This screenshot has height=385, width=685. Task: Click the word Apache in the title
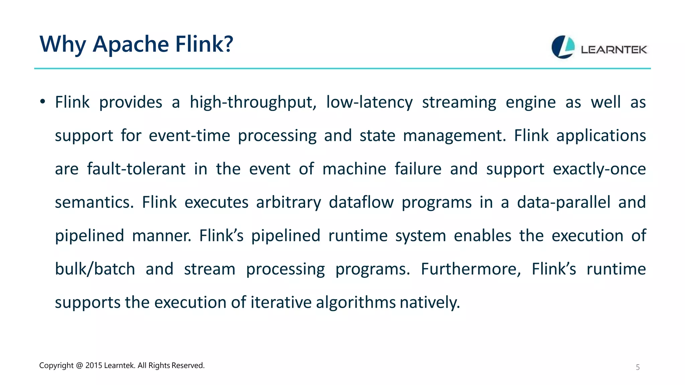pyautogui.click(x=131, y=44)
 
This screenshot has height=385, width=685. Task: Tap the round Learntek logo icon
pyautogui.click(x=563, y=47)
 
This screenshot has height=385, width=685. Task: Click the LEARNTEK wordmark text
pyautogui.click(x=614, y=50)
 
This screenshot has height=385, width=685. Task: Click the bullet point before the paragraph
pyautogui.click(x=42, y=102)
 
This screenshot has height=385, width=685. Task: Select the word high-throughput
pyautogui.click(x=253, y=102)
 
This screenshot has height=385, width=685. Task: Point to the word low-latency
pyautogui.click(x=369, y=102)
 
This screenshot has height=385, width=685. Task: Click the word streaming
pyautogui.click(x=459, y=102)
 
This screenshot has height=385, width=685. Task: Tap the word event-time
pyautogui.click(x=189, y=136)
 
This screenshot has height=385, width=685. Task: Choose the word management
pyautogui.click(x=454, y=136)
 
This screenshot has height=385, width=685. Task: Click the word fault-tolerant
pyautogui.click(x=136, y=169)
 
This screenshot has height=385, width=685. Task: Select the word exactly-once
pyautogui.click(x=599, y=169)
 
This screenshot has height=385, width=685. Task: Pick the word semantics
pyautogui.click(x=94, y=202)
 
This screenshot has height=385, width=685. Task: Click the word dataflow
pyautogui.click(x=361, y=202)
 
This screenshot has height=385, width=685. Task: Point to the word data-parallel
pyautogui.click(x=564, y=202)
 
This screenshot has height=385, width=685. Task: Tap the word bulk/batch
pyautogui.click(x=95, y=269)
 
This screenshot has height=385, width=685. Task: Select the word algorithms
pyautogui.click(x=356, y=302)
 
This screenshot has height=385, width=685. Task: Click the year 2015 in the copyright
pyautogui.click(x=94, y=366)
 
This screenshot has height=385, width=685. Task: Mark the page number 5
pyautogui.click(x=638, y=367)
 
